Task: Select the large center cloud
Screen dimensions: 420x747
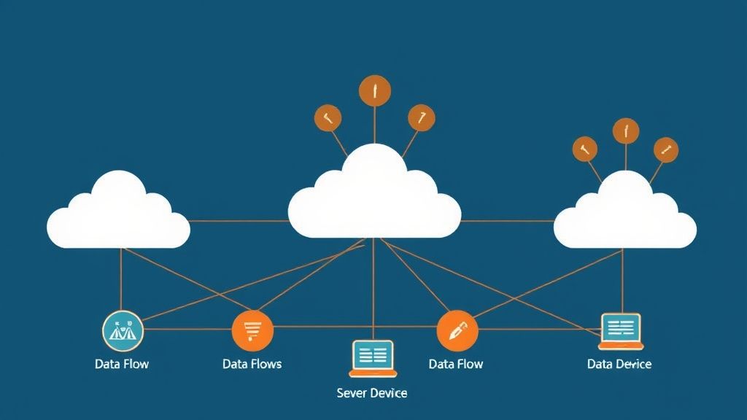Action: (x=374, y=198)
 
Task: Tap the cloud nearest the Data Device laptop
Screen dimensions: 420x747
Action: (x=624, y=216)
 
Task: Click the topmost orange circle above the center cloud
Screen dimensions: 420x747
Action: (x=375, y=91)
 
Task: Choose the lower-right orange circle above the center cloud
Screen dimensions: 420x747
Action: (x=421, y=117)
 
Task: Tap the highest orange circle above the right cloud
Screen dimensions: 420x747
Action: (x=625, y=131)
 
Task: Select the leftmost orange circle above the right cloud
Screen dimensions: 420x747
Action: (x=584, y=149)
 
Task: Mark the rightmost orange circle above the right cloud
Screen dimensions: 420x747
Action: (x=665, y=149)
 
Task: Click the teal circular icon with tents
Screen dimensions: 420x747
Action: (x=123, y=330)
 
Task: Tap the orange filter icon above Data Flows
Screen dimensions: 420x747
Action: (x=252, y=330)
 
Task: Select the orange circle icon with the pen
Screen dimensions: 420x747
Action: (x=457, y=330)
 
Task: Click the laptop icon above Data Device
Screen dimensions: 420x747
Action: (x=621, y=332)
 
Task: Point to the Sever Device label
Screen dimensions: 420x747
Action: (x=372, y=393)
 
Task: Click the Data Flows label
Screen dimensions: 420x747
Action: (x=252, y=364)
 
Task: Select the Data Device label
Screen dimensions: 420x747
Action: (x=619, y=364)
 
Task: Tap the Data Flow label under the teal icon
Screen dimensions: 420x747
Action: (x=122, y=364)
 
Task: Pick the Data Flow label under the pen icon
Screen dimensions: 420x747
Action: (x=456, y=364)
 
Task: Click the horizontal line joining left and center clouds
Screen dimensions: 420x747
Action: (x=239, y=221)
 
